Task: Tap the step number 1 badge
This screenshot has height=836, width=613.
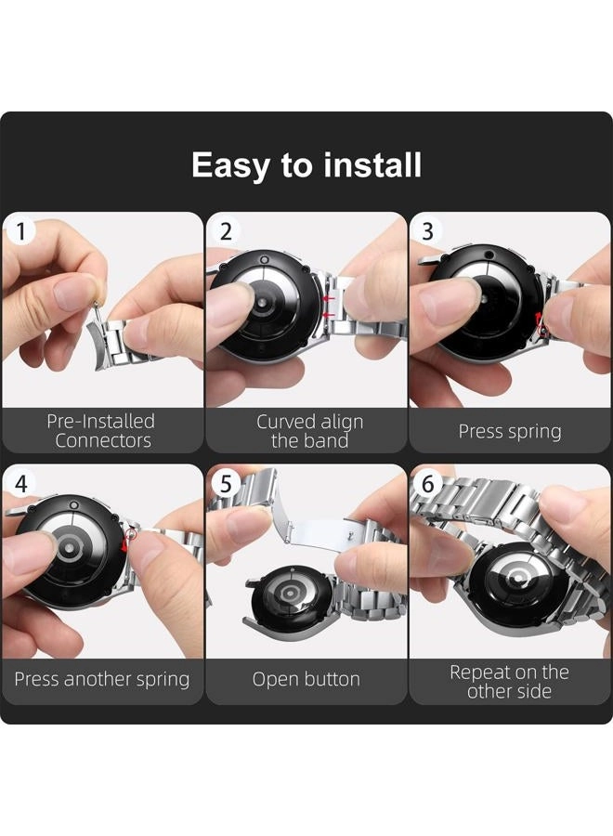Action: (x=20, y=232)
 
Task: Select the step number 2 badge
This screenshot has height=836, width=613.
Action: (x=226, y=232)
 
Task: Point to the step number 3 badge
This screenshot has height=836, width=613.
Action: (x=427, y=232)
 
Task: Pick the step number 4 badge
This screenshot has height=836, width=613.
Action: (x=20, y=484)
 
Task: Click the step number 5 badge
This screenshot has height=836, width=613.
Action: (x=226, y=484)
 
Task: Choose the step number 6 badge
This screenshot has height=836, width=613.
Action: (x=427, y=484)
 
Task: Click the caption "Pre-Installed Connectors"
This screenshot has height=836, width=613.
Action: (x=101, y=431)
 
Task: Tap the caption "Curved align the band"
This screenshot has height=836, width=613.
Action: (x=309, y=431)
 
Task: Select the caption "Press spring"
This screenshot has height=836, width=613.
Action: (x=510, y=431)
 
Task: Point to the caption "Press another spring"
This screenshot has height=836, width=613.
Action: (x=102, y=679)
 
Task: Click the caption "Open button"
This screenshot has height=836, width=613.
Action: (x=306, y=679)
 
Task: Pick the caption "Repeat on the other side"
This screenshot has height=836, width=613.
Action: (x=510, y=682)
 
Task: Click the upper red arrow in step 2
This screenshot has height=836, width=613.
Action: (x=330, y=298)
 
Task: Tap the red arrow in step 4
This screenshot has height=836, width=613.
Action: (x=125, y=544)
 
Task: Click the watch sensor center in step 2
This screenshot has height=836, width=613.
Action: (x=262, y=302)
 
